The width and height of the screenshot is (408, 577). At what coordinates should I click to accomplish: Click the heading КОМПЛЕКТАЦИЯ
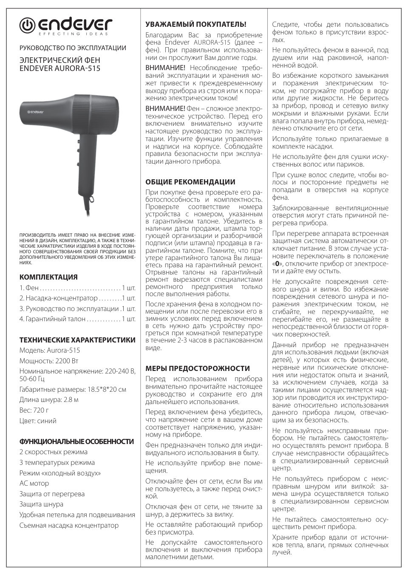(48, 277)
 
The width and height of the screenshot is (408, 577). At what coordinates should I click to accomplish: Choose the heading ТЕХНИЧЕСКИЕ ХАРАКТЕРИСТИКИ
(77, 340)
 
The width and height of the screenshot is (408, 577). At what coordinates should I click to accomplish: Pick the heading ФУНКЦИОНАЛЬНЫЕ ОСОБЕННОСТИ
(76, 441)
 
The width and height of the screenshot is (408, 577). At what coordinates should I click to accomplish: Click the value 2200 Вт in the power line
(67, 361)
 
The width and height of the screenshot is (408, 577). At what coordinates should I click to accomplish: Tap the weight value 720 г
(41, 410)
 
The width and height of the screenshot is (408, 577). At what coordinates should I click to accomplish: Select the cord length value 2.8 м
(69, 400)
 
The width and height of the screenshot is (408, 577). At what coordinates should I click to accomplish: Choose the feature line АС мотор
(34, 483)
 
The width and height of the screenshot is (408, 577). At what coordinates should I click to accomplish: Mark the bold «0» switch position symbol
(277, 263)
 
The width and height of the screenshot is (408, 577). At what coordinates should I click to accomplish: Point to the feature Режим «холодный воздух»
(60, 473)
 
